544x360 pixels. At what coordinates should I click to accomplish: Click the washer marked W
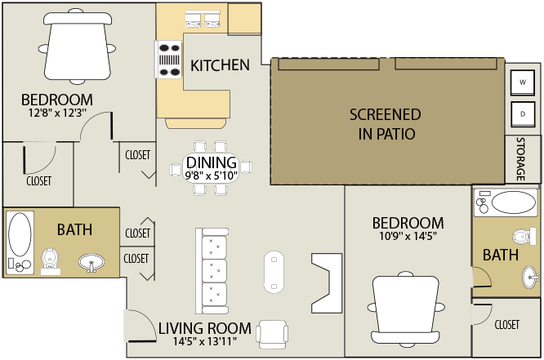pyautogui.click(x=522, y=82)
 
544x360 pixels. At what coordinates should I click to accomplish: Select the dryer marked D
pyautogui.click(x=522, y=114)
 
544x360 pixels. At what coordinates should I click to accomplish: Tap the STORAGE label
pyautogui.click(x=521, y=159)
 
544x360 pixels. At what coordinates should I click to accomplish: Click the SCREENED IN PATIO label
pyautogui.click(x=386, y=124)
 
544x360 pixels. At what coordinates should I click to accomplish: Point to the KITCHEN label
pyautogui.click(x=220, y=65)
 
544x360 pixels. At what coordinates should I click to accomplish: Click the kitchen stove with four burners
pyautogui.click(x=168, y=59)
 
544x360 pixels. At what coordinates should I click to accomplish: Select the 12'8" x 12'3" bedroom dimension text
pyautogui.click(x=58, y=113)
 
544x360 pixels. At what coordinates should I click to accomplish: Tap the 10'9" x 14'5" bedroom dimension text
pyautogui.click(x=408, y=236)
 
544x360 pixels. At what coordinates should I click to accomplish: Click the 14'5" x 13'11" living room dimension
pyautogui.click(x=205, y=341)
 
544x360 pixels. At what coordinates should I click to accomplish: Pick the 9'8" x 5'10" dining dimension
pyautogui.click(x=212, y=176)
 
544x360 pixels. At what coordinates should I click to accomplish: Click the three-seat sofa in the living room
pyautogui.click(x=212, y=271)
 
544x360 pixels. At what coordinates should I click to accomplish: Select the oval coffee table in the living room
pyautogui.click(x=274, y=272)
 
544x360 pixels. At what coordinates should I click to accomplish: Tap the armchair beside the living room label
pyautogui.click(x=272, y=335)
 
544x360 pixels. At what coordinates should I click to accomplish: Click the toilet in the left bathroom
pyautogui.click(x=51, y=262)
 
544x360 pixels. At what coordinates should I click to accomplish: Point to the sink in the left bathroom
pyautogui.click(x=91, y=263)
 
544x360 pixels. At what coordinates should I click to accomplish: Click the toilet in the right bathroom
pyautogui.click(x=524, y=237)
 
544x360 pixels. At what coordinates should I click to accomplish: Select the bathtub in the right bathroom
pyautogui.click(x=506, y=202)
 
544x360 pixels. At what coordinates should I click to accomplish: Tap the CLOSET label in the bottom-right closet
pyautogui.click(x=507, y=325)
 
